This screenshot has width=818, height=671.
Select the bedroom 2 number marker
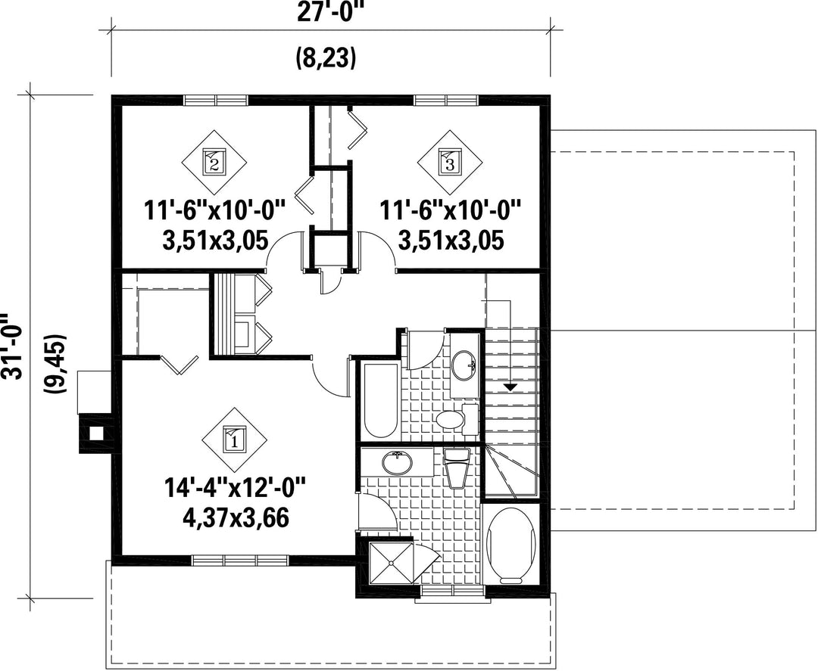(x=214, y=161)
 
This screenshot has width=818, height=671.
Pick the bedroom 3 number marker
(x=449, y=161)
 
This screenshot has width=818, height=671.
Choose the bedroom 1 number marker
(x=235, y=440)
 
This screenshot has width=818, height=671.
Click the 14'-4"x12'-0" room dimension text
(x=235, y=489)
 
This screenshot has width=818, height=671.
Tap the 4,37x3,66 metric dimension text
(x=236, y=518)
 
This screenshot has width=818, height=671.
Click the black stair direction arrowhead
(x=510, y=387)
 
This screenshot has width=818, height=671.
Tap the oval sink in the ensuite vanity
(x=398, y=463)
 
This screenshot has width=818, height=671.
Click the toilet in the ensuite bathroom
(x=457, y=468)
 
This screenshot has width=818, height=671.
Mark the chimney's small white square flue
(x=95, y=433)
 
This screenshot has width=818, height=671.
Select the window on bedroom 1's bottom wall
(x=241, y=560)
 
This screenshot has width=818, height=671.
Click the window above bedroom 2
(x=216, y=100)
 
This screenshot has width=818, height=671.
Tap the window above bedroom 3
(x=447, y=100)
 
